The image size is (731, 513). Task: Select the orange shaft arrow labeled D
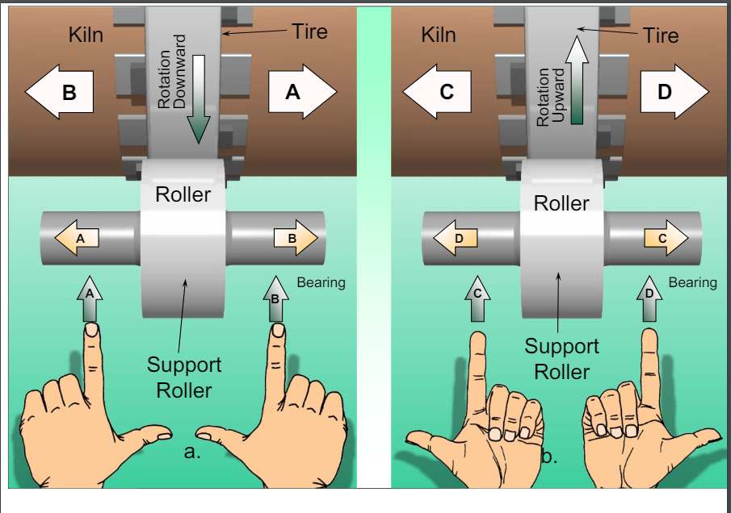[456, 239]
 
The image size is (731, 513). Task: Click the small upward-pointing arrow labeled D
[649, 298]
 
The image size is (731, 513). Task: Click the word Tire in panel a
[309, 31]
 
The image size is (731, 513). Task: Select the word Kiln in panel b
[439, 35]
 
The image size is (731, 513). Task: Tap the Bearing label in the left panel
[321, 282]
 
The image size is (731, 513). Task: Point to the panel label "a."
[192, 453]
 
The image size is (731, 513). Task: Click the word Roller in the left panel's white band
[183, 194]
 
